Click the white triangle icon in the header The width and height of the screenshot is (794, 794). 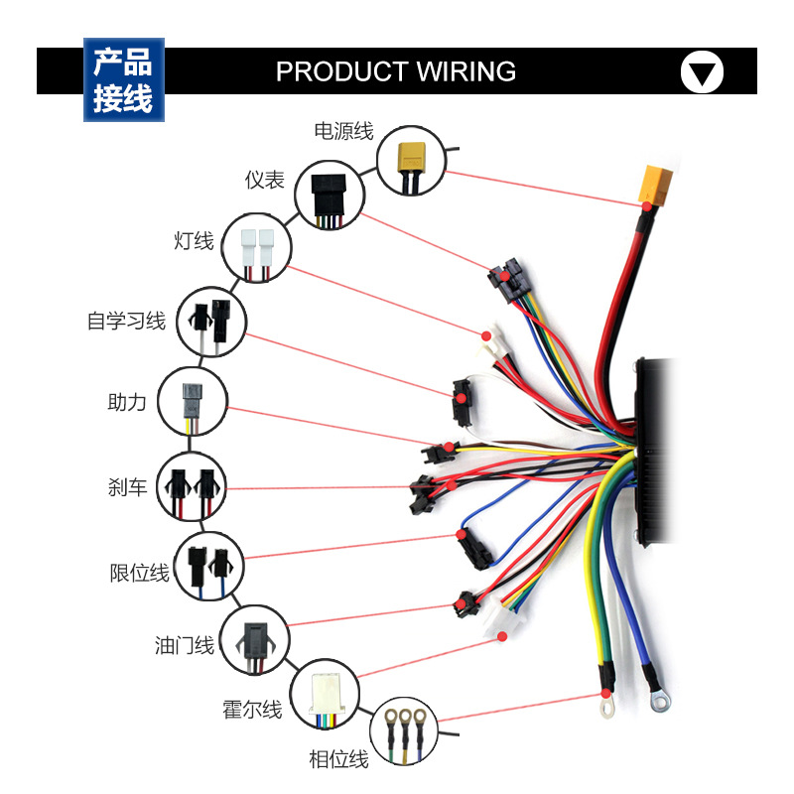(702, 72)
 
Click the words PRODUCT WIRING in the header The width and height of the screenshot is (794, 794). (395, 71)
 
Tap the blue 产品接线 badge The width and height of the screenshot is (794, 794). (123, 80)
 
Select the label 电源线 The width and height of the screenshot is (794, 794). (343, 131)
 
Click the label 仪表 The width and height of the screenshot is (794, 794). (265, 180)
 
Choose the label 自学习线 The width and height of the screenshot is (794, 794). (126, 322)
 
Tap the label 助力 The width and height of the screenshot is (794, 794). (127, 402)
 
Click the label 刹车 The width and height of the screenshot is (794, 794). (127, 487)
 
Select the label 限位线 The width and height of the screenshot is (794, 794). (139, 573)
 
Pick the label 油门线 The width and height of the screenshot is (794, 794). (185, 646)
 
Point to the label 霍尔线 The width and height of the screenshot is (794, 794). (252, 710)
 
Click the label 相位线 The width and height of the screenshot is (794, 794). (338, 759)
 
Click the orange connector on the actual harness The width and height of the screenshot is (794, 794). (656, 183)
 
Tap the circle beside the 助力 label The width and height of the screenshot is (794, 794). (193, 403)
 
